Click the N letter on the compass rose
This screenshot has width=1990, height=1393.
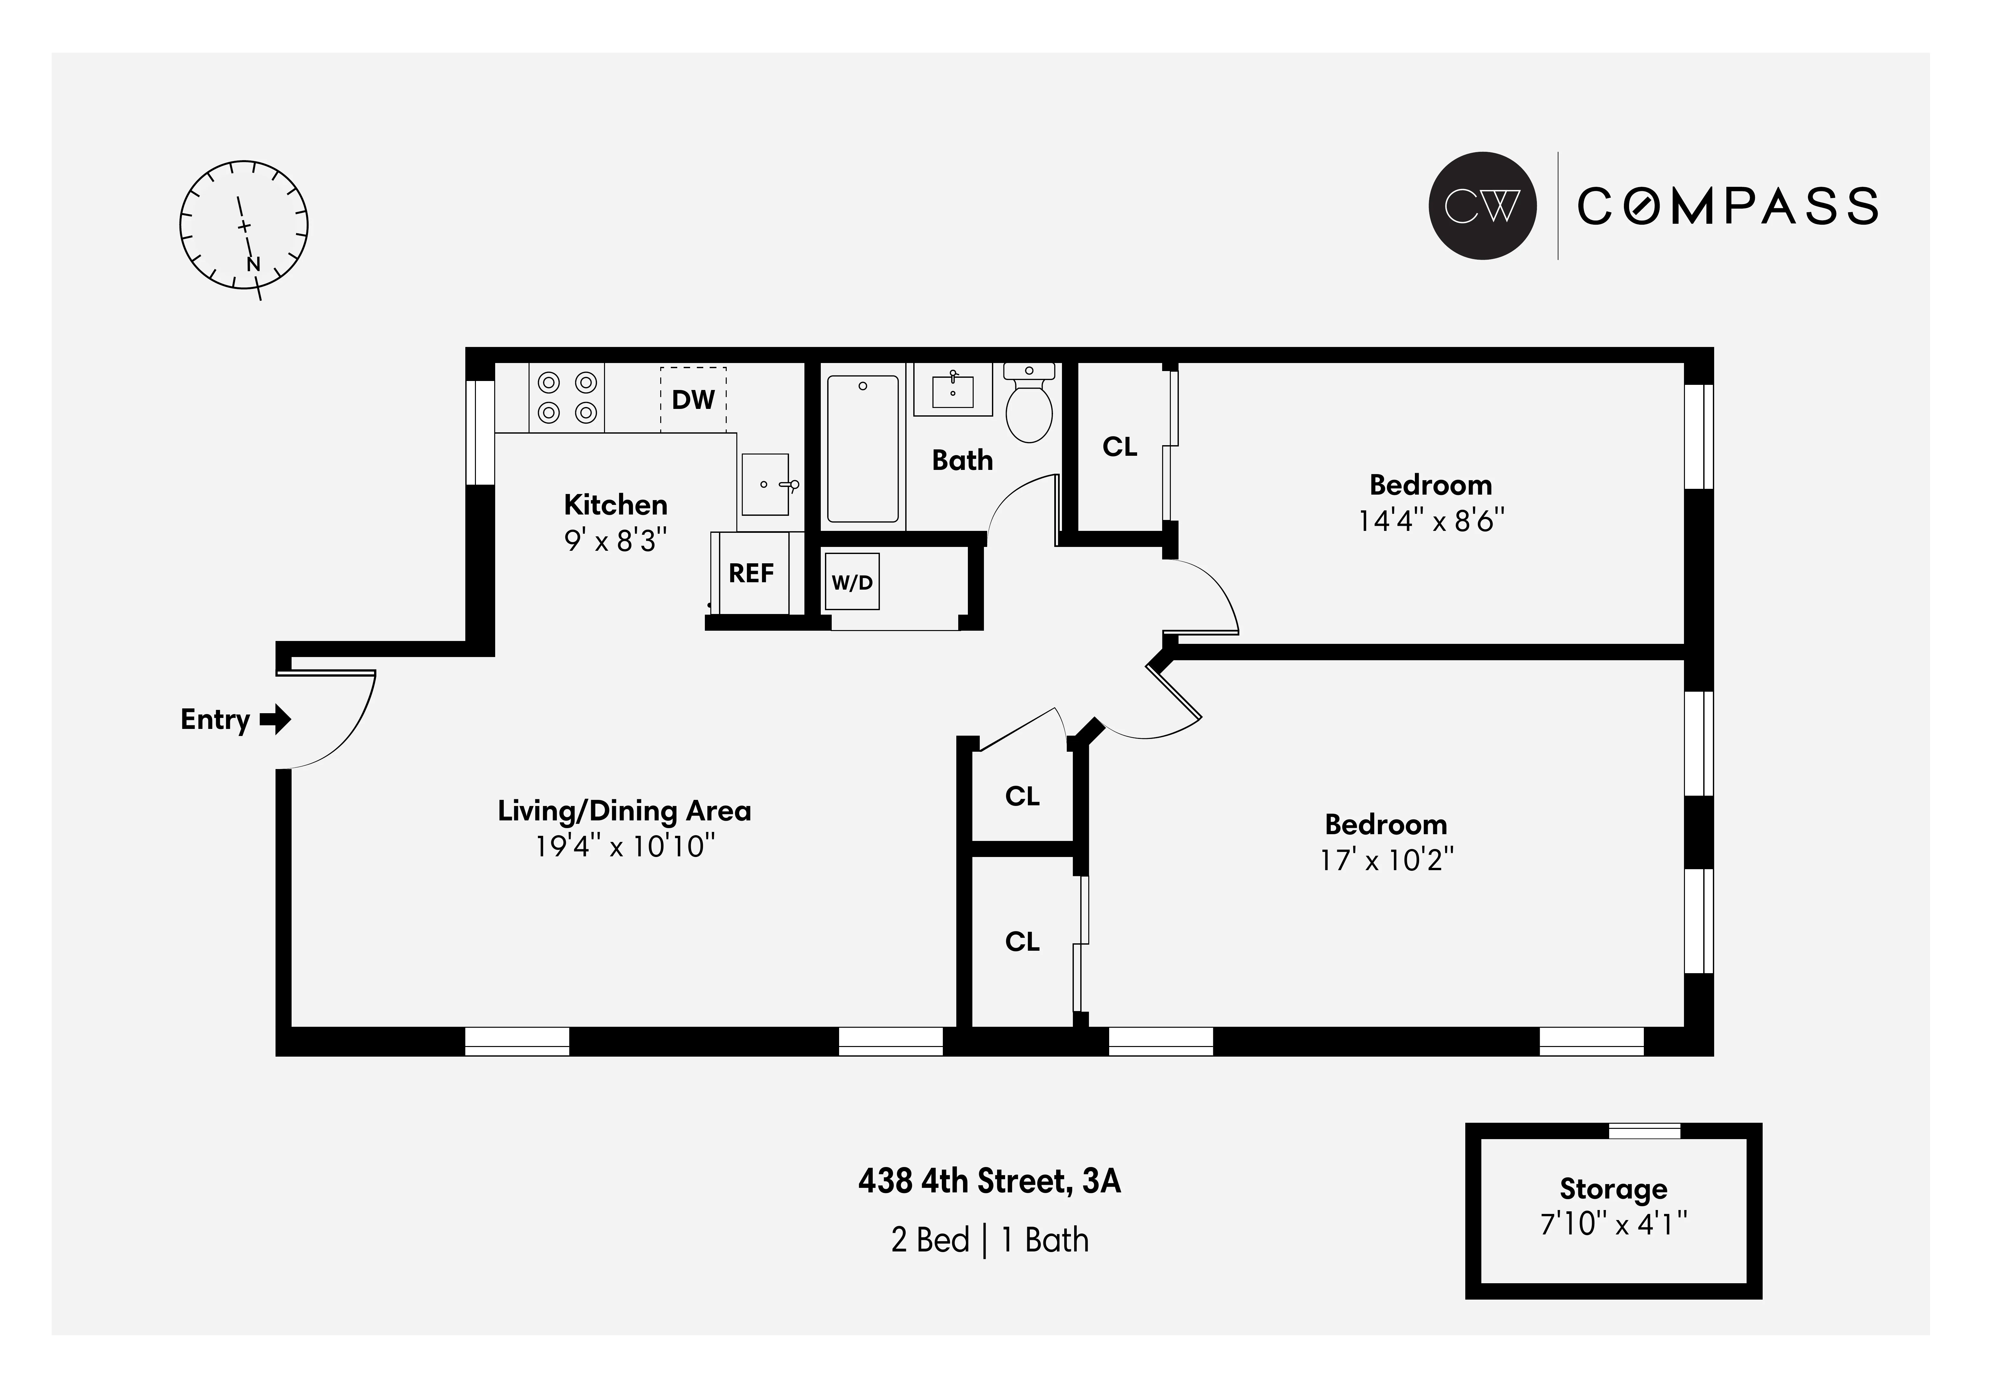[253, 264]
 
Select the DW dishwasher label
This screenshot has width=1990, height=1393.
[693, 399]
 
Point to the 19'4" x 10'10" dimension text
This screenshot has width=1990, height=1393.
[625, 846]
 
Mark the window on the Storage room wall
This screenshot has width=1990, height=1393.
[1644, 1130]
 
